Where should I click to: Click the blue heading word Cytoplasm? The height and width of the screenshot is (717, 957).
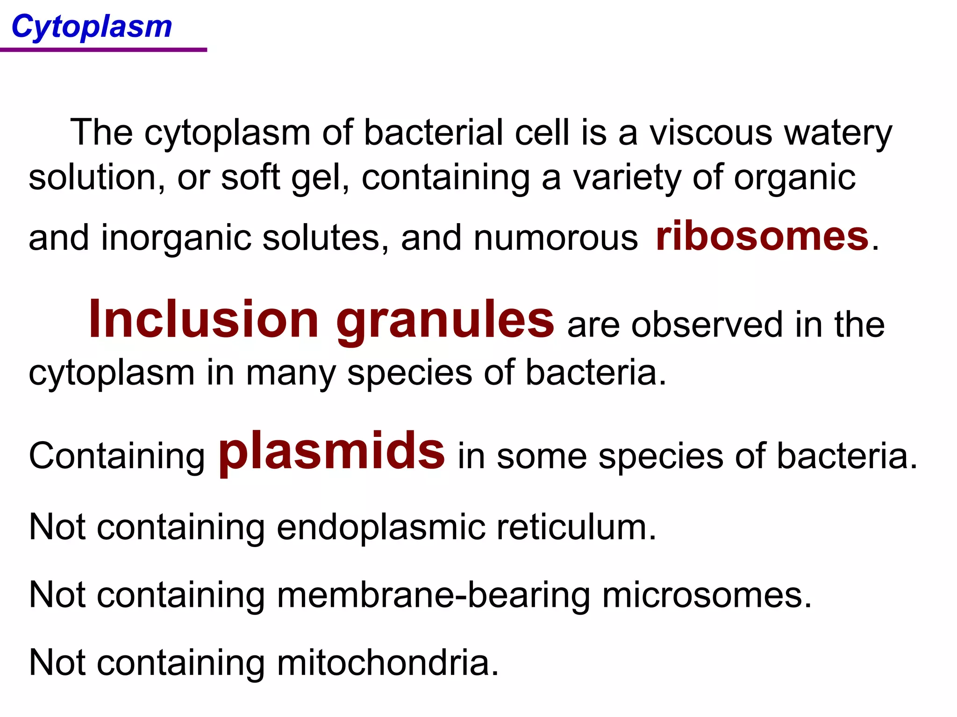92,27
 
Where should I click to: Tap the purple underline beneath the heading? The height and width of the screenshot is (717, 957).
103,49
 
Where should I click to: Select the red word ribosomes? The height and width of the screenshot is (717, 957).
762,237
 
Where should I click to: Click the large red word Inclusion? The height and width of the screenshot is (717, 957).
204,320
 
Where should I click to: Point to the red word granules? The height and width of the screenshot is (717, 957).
445,322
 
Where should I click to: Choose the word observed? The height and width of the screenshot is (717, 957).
707,325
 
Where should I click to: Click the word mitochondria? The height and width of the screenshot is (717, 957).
388,663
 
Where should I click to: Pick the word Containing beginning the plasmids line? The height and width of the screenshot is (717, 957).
117,457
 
